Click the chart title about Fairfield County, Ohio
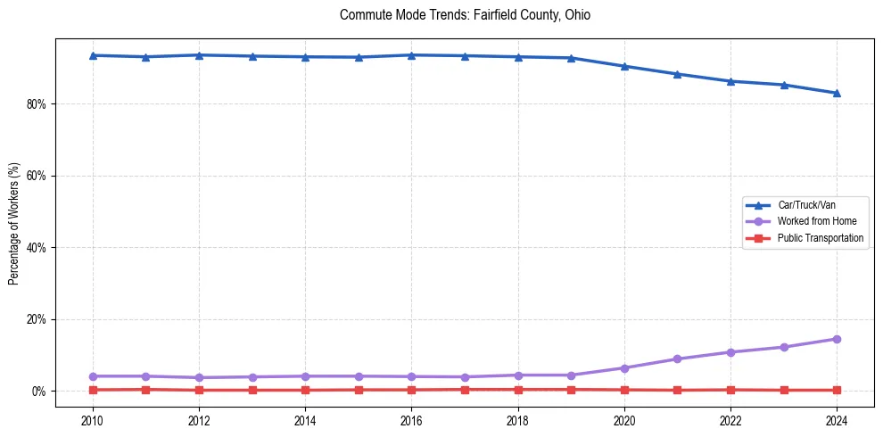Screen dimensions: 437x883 pyautogui.click(x=465, y=15)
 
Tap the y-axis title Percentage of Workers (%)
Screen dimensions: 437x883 pyautogui.click(x=14, y=223)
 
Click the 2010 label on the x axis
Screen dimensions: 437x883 pyautogui.click(x=93, y=420)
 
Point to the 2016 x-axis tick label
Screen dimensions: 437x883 pyautogui.click(x=411, y=420)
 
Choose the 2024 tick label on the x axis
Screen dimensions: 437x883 pyautogui.click(x=837, y=420)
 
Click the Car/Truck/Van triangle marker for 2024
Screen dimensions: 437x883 pyautogui.click(x=837, y=93)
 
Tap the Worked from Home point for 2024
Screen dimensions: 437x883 pyautogui.click(x=837, y=339)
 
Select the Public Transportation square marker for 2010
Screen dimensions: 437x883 pyautogui.click(x=93, y=390)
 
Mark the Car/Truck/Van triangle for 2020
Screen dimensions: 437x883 pyautogui.click(x=624, y=66)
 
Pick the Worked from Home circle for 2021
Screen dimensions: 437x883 pyautogui.click(x=677, y=359)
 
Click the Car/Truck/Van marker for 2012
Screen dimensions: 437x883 pyautogui.click(x=199, y=55)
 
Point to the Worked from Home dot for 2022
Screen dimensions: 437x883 pyautogui.click(x=730, y=352)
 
